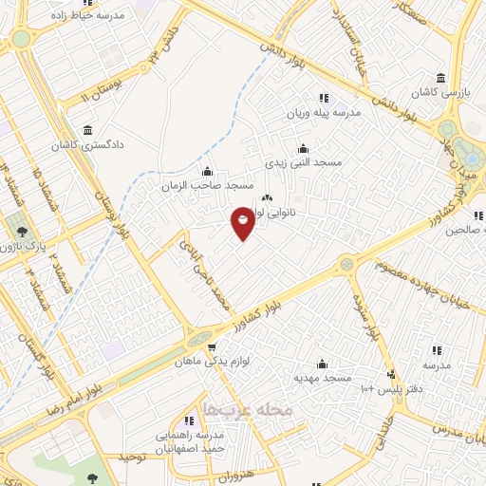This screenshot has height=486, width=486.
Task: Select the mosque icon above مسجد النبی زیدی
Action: (x=303, y=148)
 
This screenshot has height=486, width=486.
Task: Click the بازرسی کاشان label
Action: (x=440, y=94)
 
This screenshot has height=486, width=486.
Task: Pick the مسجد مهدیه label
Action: (x=322, y=378)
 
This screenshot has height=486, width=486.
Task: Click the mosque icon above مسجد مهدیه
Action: (x=322, y=364)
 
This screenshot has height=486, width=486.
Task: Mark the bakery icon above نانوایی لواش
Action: (x=266, y=198)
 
